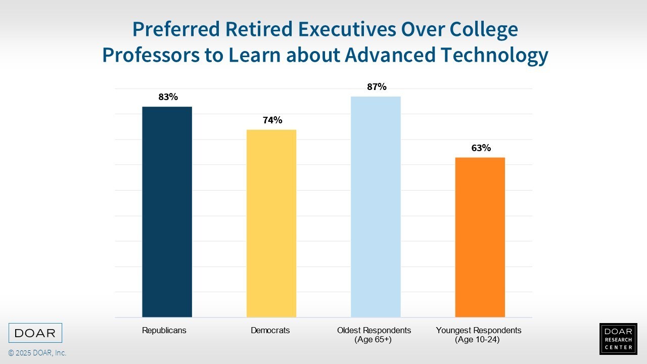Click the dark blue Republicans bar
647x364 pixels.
167,212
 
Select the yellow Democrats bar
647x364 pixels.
271,223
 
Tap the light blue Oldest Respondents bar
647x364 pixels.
376,207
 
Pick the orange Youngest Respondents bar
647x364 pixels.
480,237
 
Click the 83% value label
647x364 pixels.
168,97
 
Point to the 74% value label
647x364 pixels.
272,120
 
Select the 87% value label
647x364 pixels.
377,87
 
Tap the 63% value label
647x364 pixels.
481,148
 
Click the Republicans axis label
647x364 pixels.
164,331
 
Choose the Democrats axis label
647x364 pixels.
270,331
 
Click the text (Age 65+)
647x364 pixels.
374,340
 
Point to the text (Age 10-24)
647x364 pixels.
477,340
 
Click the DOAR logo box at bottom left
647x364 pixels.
35,333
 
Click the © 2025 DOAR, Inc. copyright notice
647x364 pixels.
37,353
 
